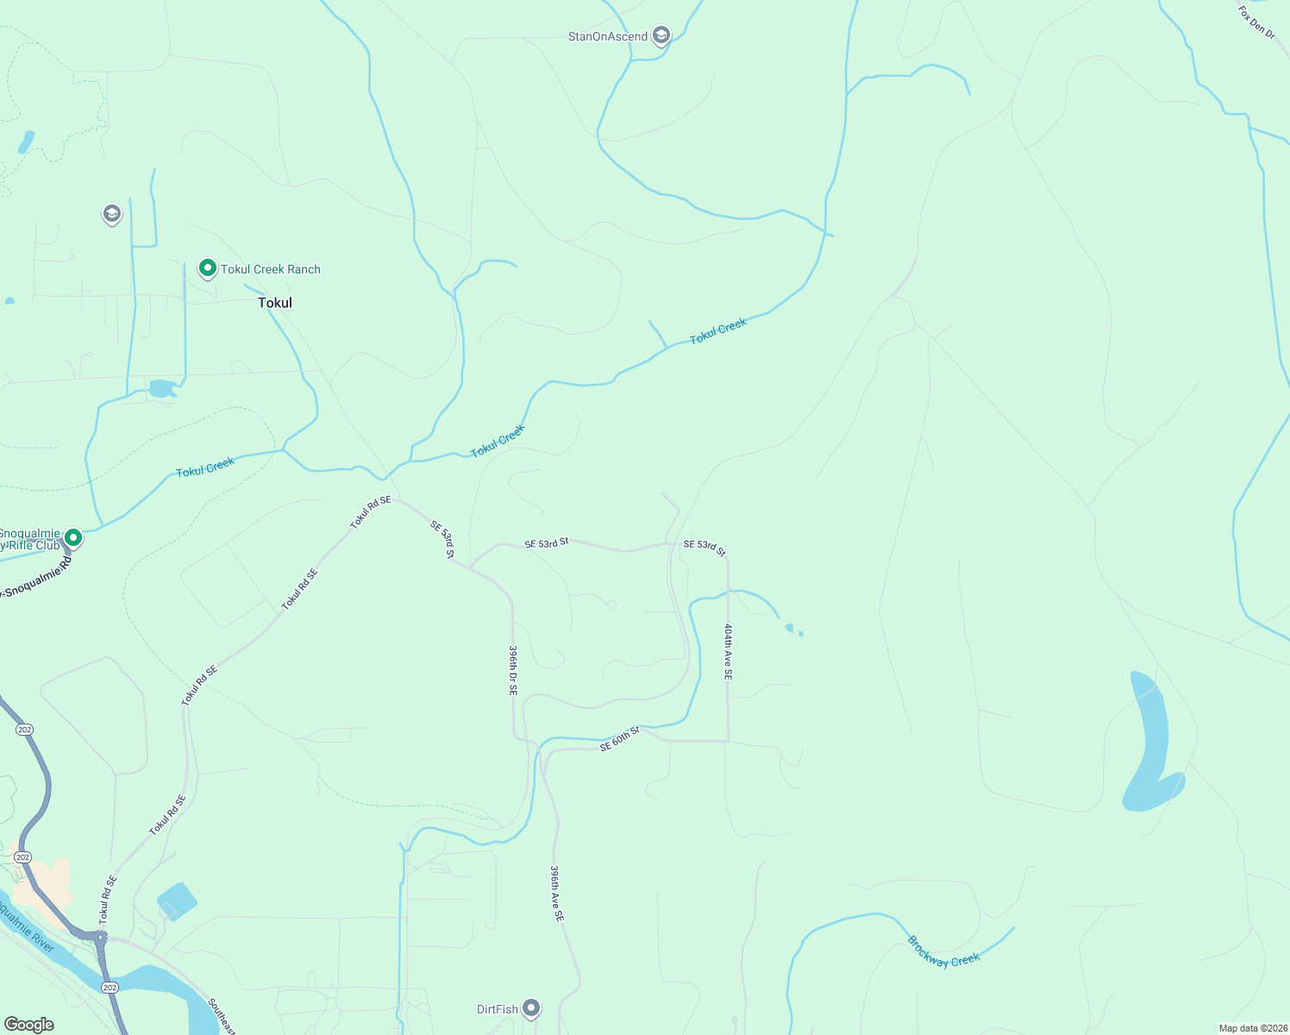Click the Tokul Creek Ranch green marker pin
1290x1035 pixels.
(207, 268)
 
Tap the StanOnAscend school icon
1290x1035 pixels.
(661, 35)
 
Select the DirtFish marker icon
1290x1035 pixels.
(531, 1007)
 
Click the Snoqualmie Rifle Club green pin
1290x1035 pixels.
(73, 538)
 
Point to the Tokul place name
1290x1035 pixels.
(275, 303)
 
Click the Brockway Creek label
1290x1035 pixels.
(943, 950)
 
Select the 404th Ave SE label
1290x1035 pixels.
(729, 652)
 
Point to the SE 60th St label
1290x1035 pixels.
(619, 739)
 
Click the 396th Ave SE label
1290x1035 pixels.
(557, 894)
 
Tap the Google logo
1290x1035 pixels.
(28, 1025)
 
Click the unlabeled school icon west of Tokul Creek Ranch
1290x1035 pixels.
(111, 213)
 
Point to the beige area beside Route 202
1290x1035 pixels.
(39, 880)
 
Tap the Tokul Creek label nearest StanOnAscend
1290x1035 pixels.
(717, 331)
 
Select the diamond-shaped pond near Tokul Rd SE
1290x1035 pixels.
(177, 901)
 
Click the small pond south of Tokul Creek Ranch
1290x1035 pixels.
(162, 388)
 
